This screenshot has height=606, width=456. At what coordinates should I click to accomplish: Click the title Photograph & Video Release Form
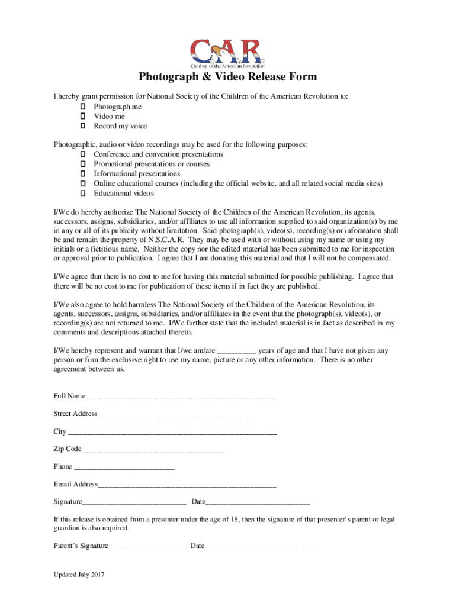[x=228, y=78]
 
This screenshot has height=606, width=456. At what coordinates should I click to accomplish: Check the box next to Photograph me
[x=83, y=107]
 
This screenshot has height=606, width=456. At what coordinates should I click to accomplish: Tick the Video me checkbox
[x=83, y=117]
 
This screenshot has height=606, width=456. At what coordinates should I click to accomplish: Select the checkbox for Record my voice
[x=83, y=126]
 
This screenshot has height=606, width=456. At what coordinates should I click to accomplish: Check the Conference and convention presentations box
[x=83, y=154]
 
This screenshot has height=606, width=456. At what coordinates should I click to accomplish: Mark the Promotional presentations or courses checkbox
[x=83, y=164]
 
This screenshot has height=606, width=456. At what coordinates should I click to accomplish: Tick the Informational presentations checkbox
[x=83, y=174]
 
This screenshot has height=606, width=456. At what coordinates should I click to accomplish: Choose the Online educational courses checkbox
[x=83, y=183]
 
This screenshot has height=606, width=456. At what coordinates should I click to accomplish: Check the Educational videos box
[x=83, y=194]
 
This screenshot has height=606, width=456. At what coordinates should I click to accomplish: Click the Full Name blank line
[x=180, y=397]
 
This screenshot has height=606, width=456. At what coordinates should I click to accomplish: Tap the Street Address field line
[x=173, y=415]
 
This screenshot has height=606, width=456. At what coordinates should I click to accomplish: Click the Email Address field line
[x=187, y=486]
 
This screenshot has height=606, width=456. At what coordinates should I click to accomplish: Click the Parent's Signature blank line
[x=147, y=547]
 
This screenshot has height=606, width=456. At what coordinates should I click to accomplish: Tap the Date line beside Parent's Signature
[x=256, y=547]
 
